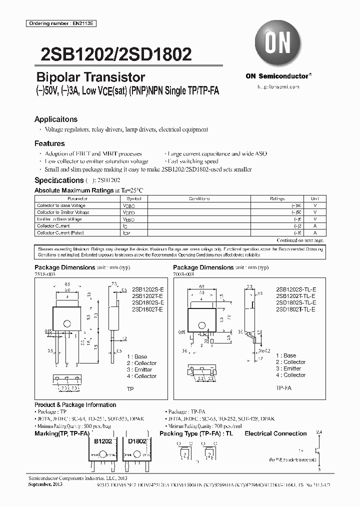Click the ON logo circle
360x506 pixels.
[278, 44]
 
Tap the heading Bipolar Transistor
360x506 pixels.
[91, 77]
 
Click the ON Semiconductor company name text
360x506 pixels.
[276, 76]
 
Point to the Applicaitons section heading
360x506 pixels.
[56, 119]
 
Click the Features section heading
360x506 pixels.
[49, 143]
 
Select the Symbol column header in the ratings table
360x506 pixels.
[128, 198]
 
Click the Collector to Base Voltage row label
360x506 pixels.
[61, 205]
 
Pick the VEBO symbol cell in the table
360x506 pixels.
[128, 219]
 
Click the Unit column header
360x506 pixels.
[314, 198]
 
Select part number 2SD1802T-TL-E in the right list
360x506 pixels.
[295, 310]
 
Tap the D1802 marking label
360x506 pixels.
[137, 442]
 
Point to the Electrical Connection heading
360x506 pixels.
[275, 434]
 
